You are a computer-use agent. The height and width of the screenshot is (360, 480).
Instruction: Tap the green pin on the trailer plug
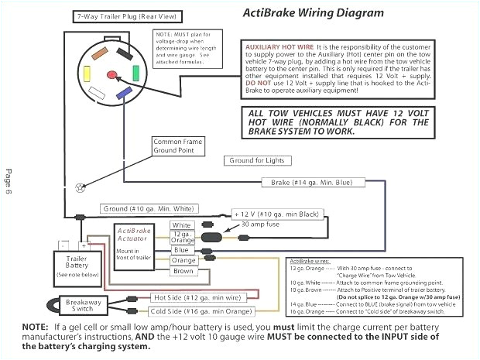(x=136, y=74)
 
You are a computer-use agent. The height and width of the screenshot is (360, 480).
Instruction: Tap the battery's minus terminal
(x=65, y=245)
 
